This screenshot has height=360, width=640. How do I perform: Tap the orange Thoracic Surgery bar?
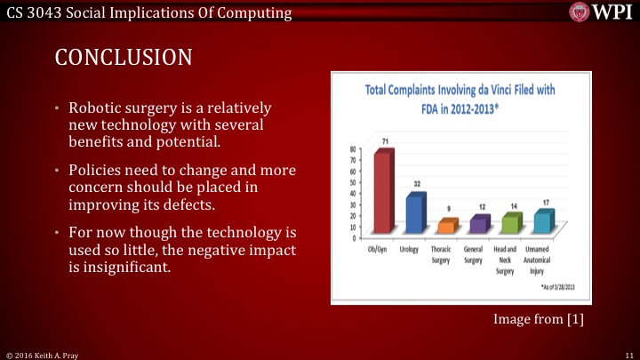[x=447, y=227]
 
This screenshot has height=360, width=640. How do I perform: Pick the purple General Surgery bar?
[x=478, y=225]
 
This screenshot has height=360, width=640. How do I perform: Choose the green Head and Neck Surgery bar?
[x=510, y=223]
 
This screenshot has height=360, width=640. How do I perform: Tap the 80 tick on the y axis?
[x=353, y=149]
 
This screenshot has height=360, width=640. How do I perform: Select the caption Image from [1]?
[x=539, y=319]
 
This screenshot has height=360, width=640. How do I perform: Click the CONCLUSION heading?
[x=124, y=58]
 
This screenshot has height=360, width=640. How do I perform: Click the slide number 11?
[x=628, y=354]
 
